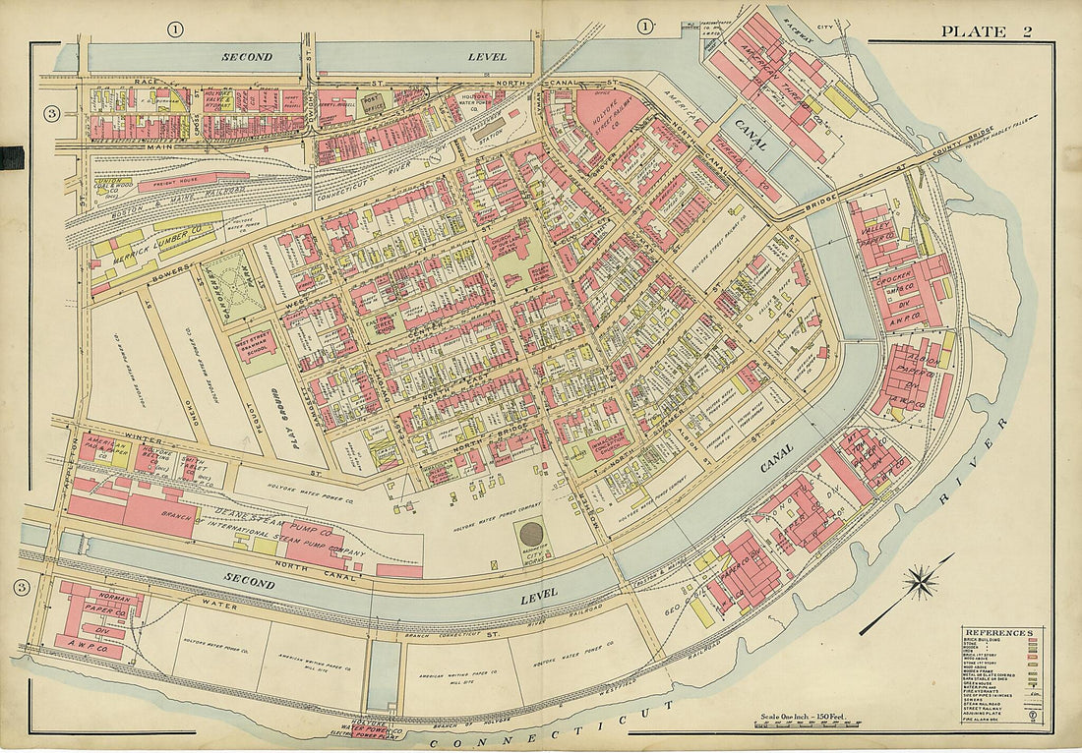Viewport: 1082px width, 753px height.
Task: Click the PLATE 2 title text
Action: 986,31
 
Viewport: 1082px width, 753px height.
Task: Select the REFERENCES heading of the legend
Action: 997,632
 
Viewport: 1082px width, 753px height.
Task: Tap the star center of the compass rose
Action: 921,582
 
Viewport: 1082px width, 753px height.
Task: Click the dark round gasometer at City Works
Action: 531,535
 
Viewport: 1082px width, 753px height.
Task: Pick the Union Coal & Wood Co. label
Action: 111,188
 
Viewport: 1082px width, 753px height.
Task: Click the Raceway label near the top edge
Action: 797,17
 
